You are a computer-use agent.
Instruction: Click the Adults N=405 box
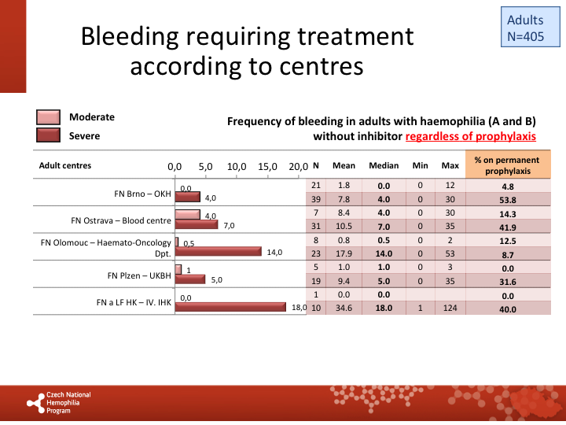pos(525,28)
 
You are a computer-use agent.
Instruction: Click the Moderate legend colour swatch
pos(48,117)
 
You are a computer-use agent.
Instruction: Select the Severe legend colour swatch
pos(48,135)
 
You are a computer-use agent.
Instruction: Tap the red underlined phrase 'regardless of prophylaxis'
pos(470,136)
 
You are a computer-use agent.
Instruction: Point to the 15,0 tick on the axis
pos(267,166)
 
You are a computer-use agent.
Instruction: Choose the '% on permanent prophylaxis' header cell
pos(508,165)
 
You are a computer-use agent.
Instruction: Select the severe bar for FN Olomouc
pos(218,252)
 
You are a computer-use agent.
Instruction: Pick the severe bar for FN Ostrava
pos(196,224)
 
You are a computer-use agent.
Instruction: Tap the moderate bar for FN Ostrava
pos(187,214)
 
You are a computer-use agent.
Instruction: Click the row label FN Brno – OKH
pos(142,192)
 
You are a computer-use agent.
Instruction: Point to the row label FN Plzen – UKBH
pos(139,276)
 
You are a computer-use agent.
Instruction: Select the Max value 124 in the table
pos(450,309)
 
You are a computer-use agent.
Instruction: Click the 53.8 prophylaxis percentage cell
pos(507,201)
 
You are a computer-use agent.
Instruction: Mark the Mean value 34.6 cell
pos(344,309)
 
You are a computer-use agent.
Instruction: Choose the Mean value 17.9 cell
pos(344,254)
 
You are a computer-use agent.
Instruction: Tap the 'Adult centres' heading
pos(65,166)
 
